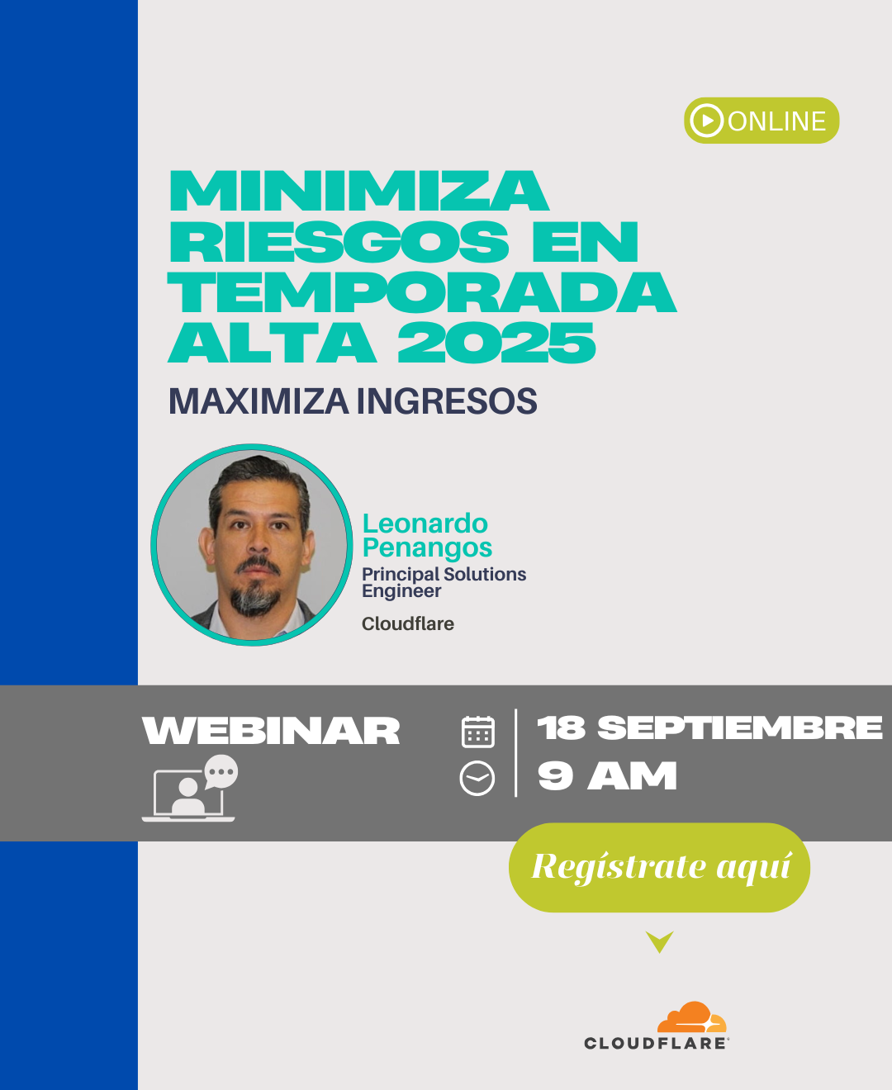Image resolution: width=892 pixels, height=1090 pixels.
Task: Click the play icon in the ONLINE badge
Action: pos(706,121)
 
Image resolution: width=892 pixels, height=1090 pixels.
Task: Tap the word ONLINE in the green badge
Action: pos(776,121)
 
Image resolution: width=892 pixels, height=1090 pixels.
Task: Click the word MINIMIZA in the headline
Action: pos(358,191)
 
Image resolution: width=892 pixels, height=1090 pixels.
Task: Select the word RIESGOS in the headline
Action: pos(339,241)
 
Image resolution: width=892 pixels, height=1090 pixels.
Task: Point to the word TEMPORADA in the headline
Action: pos(421,292)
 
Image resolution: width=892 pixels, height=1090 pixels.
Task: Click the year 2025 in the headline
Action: pos(496,343)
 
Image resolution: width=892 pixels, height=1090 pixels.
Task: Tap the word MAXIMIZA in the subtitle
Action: pos(259,401)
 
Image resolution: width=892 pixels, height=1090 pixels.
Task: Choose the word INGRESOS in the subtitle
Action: pos(447,401)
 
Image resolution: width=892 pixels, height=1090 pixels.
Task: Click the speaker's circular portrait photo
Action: pos(252,545)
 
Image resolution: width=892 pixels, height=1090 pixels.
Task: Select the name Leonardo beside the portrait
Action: pos(425,524)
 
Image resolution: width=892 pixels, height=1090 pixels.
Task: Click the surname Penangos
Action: pos(427,547)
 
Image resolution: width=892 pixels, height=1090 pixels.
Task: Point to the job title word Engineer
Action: pos(401,590)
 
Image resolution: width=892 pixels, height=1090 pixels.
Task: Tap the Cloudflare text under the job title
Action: pos(407,623)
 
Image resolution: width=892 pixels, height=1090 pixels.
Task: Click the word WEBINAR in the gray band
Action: pos(271,731)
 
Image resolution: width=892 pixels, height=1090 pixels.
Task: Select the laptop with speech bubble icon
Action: pos(190,788)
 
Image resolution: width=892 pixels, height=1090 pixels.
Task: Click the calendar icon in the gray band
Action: pos(477,732)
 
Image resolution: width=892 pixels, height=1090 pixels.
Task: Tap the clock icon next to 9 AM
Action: pos(477,778)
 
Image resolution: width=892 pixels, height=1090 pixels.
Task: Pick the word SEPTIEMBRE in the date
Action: pos(739,727)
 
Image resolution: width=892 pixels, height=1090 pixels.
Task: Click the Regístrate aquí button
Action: pos(659,867)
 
